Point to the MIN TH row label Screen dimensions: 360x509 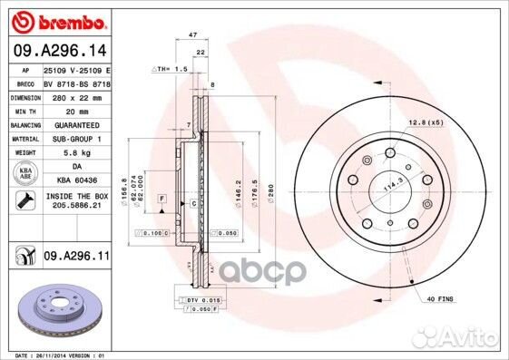click(x=22, y=110)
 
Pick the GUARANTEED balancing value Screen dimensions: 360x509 click(x=76, y=124)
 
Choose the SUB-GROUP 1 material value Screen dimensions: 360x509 click(x=76, y=139)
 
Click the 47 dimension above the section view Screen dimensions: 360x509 click(x=192, y=34)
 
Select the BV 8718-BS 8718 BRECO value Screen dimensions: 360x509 click(x=76, y=82)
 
